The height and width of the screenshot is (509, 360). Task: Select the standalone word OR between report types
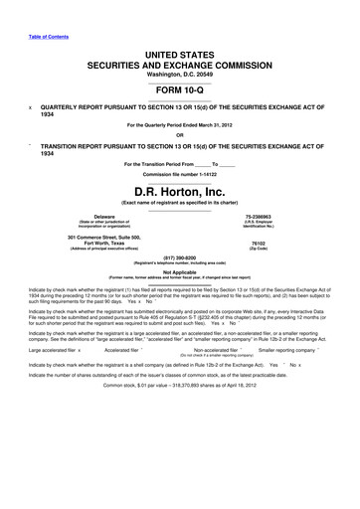point(179,136)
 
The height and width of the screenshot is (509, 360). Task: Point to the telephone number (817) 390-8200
point(179,268)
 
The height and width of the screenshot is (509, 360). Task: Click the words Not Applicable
point(179,283)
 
